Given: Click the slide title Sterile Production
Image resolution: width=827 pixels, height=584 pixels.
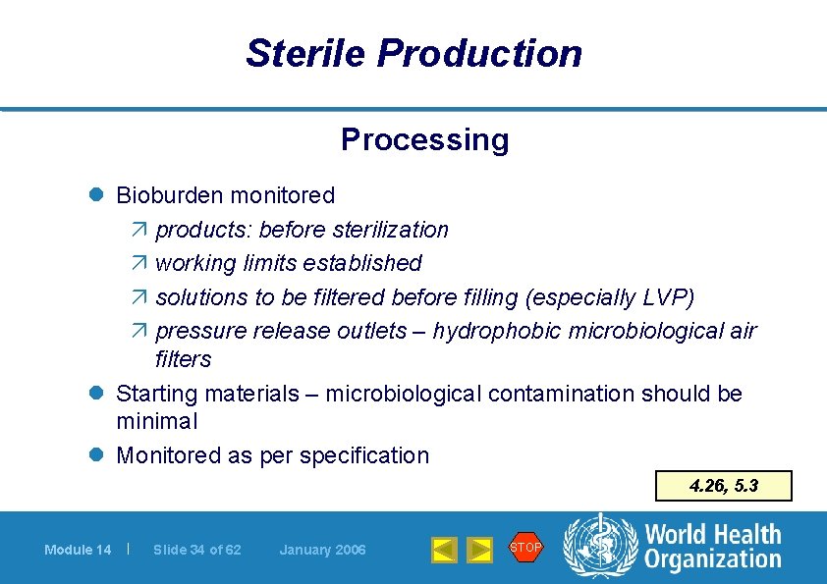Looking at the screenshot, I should click(413, 53).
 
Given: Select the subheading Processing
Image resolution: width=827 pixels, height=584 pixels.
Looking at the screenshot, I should click(424, 139).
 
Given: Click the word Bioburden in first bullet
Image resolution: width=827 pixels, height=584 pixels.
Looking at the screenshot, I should click(170, 195).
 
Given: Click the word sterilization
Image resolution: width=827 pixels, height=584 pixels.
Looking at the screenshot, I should click(390, 230).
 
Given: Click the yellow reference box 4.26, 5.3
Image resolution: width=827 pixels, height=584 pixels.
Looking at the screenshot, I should click(725, 486).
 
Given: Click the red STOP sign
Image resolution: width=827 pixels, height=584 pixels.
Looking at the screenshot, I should click(525, 547).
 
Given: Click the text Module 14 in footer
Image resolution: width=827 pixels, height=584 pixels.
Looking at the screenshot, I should click(78, 550).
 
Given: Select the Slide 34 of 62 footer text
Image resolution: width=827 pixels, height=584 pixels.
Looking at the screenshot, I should click(196, 550).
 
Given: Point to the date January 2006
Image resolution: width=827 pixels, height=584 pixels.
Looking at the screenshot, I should click(322, 550).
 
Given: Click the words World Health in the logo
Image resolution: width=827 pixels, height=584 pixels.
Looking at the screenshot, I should click(712, 535).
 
